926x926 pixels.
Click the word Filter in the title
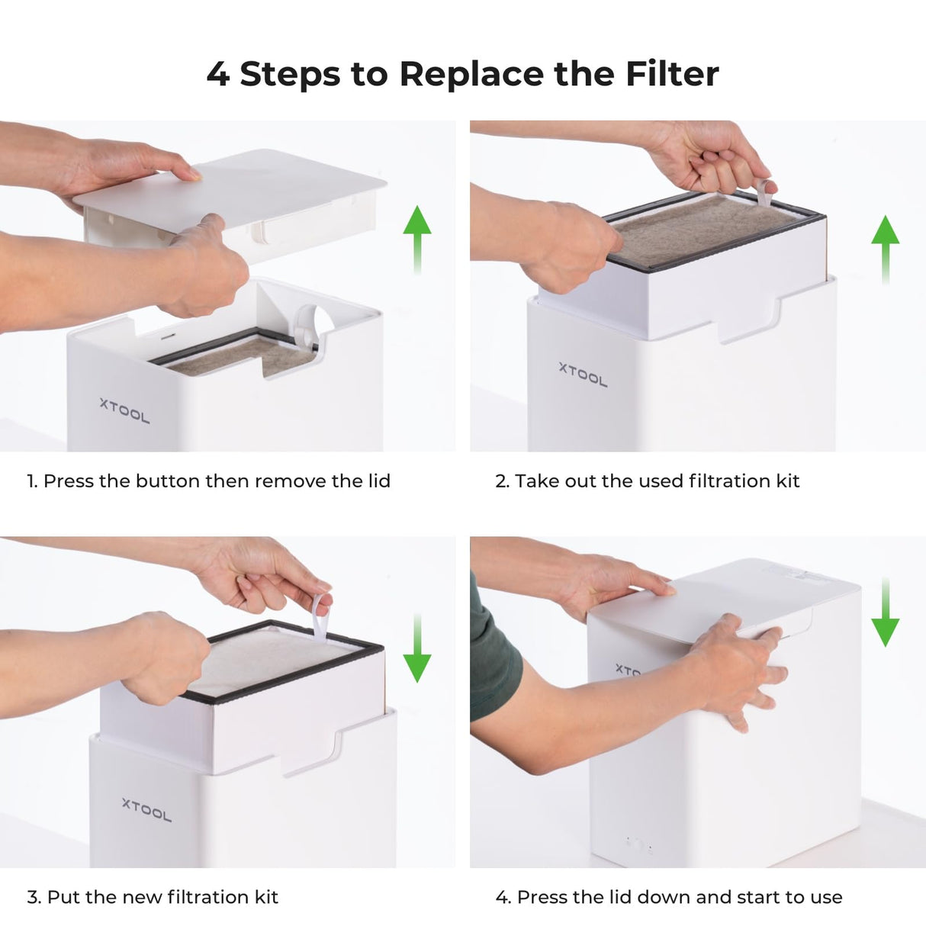tap(672, 74)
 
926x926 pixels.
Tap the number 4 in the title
tap(217, 75)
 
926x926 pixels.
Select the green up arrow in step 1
tap(416, 240)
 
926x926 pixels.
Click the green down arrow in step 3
tap(416, 648)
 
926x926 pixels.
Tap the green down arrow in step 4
tap(885, 612)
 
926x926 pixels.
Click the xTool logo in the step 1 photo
tap(124, 411)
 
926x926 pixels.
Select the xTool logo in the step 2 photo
tap(583, 375)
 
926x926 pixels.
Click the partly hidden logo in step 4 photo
tap(627, 670)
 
